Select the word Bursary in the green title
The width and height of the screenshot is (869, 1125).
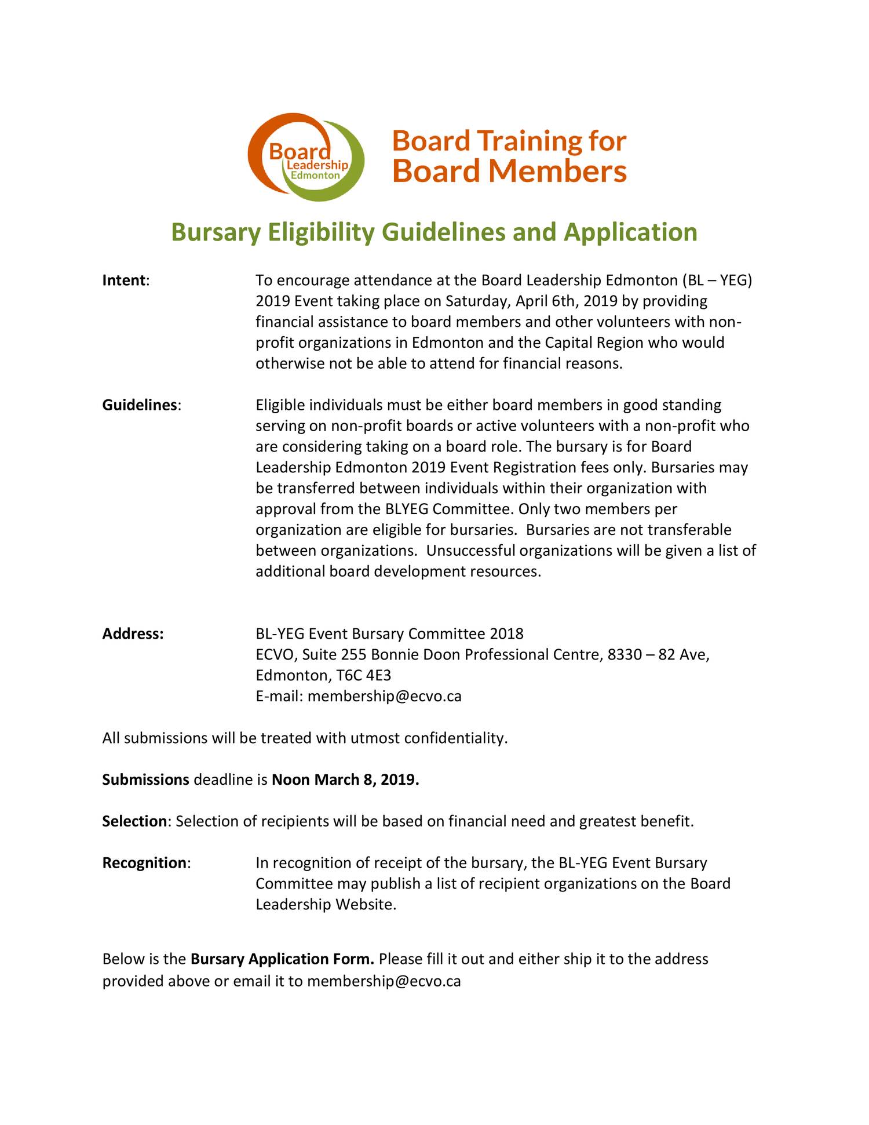[x=215, y=232]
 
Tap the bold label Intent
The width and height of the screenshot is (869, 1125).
[x=124, y=281]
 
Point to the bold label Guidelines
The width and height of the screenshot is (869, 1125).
[x=140, y=405]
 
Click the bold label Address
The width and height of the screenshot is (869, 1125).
[x=133, y=634]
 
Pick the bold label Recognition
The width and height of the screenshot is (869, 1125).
[x=144, y=863]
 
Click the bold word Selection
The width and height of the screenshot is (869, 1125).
[x=134, y=821]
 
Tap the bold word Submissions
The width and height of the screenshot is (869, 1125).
[x=145, y=780]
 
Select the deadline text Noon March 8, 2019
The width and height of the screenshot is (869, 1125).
[x=345, y=780]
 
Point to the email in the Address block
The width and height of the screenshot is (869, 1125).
[x=384, y=697]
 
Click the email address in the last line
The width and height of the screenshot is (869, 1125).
[x=384, y=981]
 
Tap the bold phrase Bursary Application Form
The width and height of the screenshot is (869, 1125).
[x=282, y=959]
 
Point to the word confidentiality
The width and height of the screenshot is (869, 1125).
[x=455, y=738]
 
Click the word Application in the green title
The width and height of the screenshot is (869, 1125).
[x=630, y=232]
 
